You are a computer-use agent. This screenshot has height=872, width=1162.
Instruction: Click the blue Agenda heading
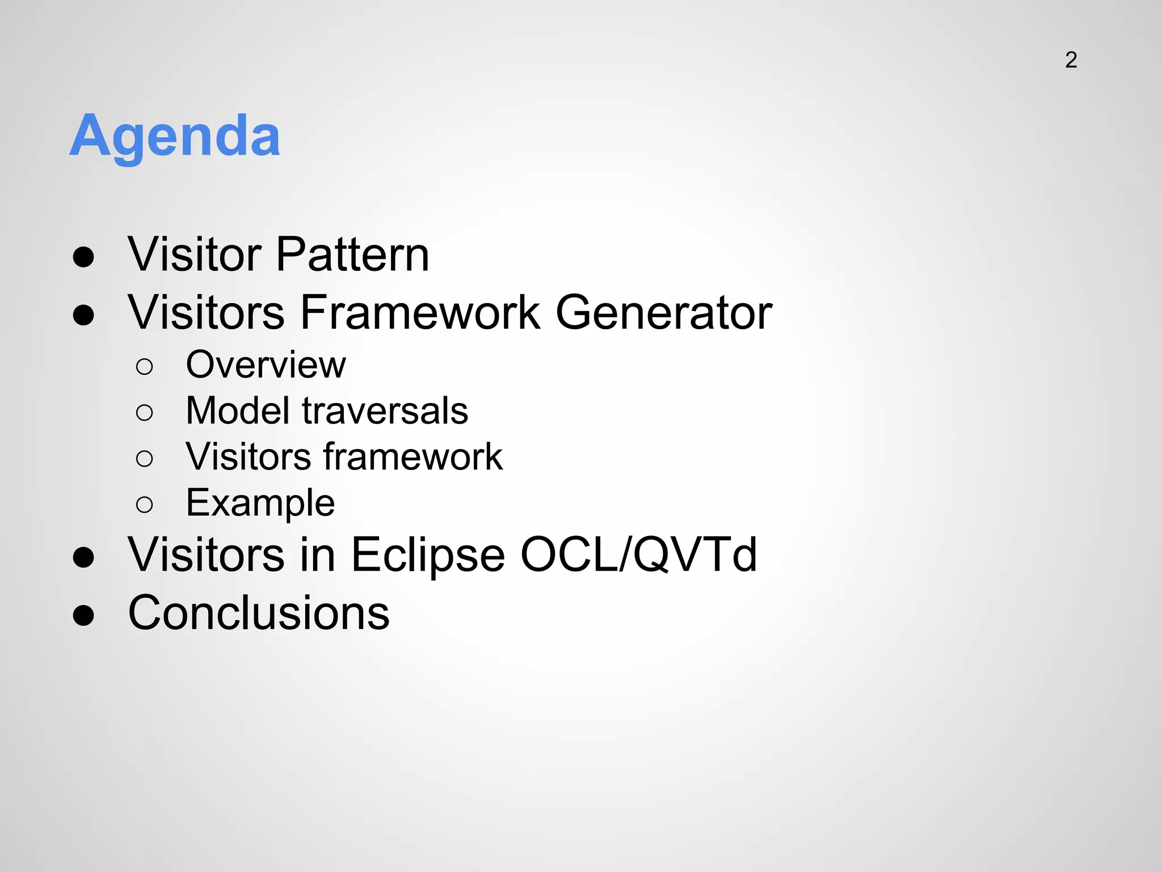[x=175, y=136]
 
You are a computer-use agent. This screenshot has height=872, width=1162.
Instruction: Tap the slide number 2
[x=1071, y=60]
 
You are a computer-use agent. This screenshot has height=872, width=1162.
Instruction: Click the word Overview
[x=266, y=364]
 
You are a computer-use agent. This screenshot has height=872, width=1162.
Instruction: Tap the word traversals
[x=385, y=410]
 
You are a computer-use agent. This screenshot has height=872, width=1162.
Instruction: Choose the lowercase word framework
[x=413, y=456]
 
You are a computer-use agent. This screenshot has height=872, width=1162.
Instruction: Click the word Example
[x=260, y=503]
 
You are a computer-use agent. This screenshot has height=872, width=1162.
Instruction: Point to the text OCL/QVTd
[x=638, y=555]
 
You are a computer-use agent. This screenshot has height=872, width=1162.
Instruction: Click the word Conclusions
[x=259, y=613]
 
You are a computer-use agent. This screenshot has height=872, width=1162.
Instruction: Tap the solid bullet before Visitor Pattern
[x=83, y=257]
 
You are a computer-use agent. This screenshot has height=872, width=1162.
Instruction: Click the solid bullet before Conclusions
[x=83, y=615]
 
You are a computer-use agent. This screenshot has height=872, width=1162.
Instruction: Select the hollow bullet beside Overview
[x=145, y=367]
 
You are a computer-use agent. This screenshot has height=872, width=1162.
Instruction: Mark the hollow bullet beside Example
[x=145, y=505]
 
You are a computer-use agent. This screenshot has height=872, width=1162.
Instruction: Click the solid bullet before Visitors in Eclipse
[x=83, y=557]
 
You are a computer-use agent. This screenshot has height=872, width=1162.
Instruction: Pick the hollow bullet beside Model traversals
[x=145, y=413]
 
